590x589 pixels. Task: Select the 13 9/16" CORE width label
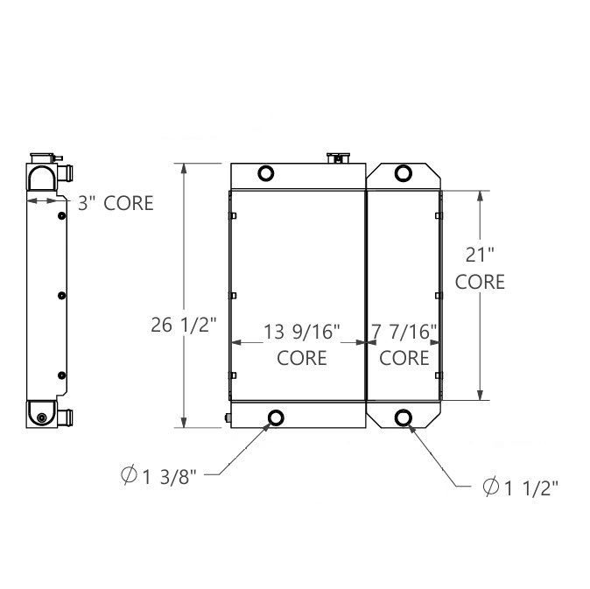click(x=302, y=343)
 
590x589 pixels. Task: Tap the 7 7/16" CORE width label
click(x=404, y=343)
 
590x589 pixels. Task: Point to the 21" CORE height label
click(x=480, y=268)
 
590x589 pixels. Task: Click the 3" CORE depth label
click(x=116, y=203)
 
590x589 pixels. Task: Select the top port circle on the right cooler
click(x=404, y=172)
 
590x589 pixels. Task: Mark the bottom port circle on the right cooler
click(x=404, y=417)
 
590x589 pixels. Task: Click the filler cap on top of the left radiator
click(x=337, y=158)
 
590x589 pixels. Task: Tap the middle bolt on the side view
click(x=62, y=296)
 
